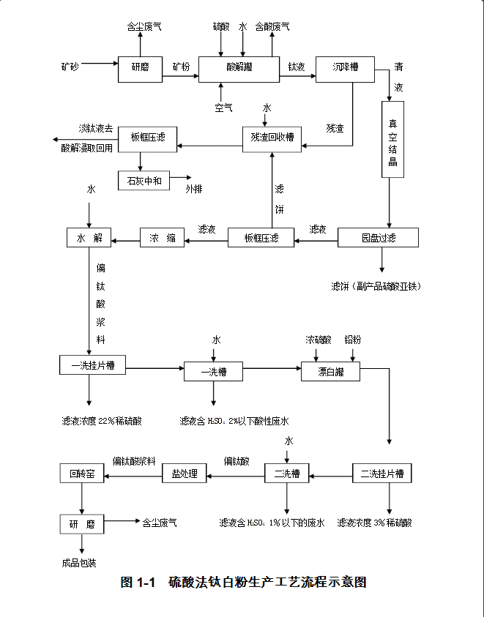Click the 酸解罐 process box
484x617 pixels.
(239, 67)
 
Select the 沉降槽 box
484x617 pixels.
(345, 67)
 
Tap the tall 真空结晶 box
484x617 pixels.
(392, 139)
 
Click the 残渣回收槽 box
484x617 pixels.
(272, 137)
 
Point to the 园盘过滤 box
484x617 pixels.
(378, 238)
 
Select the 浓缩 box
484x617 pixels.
(162, 238)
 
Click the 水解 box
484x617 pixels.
(89, 238)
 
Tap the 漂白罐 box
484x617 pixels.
(330, 372)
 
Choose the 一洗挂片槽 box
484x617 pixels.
(92, 365)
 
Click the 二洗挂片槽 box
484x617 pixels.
(381, 474)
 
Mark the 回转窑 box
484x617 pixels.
(81, 474)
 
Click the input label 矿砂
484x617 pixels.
(70, 67)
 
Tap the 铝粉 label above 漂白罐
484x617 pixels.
(353, 340)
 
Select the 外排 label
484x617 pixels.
(193, 188)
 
